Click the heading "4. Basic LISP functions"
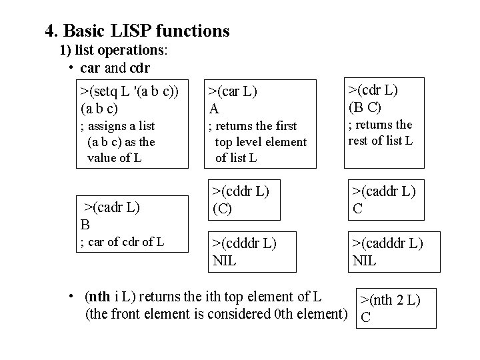(137, 31)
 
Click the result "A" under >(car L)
(214, 107)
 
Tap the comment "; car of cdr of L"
(122, 241)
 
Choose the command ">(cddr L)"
(241, 191)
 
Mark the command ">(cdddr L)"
(245, 242)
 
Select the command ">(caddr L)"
(384, 191)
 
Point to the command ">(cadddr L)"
(387, 243)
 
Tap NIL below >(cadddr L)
(365, 259)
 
